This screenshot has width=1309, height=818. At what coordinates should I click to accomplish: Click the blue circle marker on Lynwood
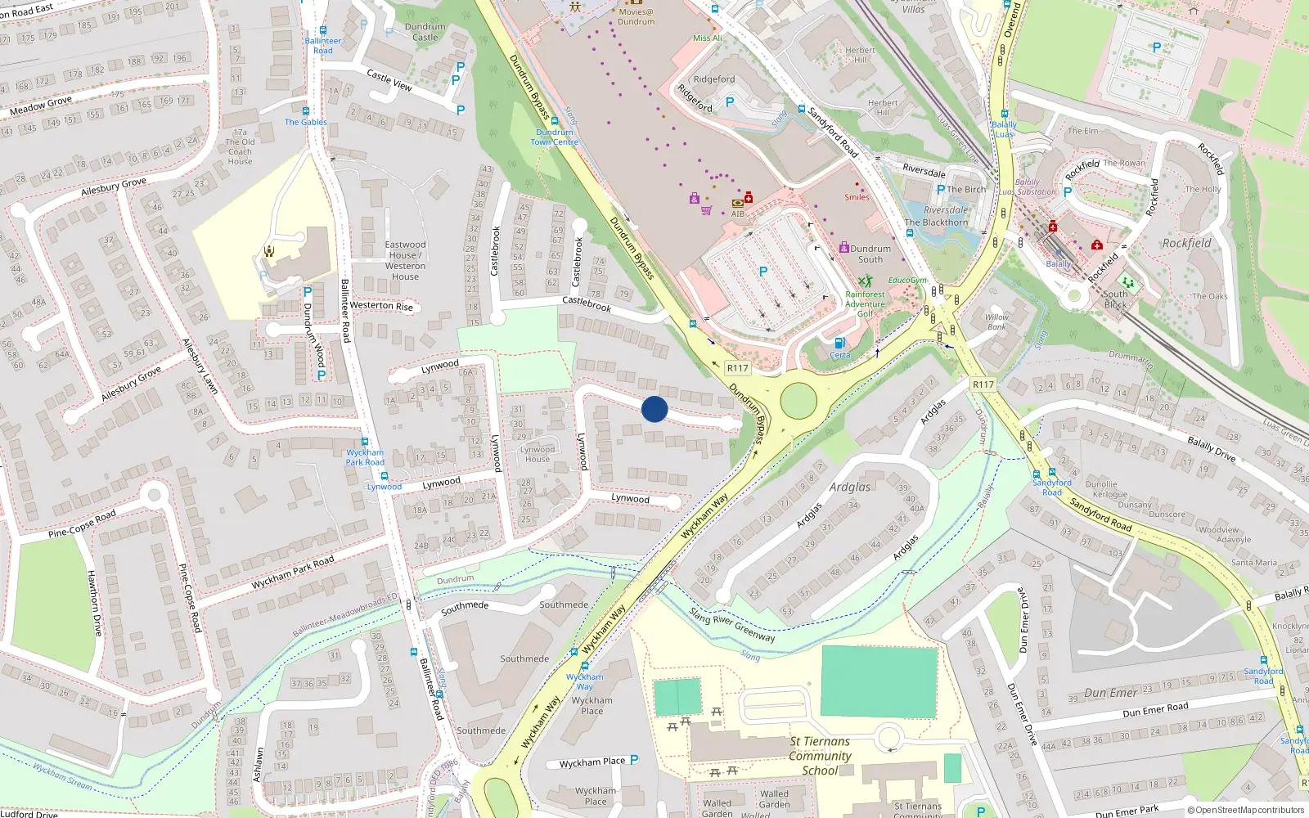[x=654, y=409]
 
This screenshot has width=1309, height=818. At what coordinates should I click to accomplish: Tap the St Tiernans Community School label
[x=820, y=756]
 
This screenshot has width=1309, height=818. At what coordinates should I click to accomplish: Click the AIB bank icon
[x=738, y=203]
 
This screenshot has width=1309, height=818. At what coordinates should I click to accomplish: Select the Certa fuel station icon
[x=839, y=344]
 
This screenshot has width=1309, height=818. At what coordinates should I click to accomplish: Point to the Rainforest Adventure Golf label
[x=865, y=303]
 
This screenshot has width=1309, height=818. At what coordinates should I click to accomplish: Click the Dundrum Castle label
[x=425, y=32]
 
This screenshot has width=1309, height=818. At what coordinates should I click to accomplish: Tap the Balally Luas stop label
[x=1004, y=129]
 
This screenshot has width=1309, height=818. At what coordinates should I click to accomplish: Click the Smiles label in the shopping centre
[x=857, y=197]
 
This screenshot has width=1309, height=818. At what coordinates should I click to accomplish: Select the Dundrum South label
[x=870, y=254]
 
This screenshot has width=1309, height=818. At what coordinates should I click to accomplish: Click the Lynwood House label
[x=538, y=454]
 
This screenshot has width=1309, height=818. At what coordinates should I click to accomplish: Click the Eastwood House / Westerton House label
[x=405, y=260]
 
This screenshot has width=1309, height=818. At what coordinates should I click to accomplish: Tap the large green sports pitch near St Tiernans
[x=879, y=682]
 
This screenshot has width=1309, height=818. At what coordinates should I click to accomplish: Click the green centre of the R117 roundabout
[x=798, y=401]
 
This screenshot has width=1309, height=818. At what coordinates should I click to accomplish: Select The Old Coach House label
[x=240, y=147]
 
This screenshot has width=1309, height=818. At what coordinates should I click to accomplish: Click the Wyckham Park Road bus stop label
[x=365, y=457]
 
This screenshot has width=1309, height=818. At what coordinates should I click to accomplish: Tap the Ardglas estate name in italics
[x=850, y=487]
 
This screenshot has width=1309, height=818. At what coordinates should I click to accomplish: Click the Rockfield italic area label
[x=1186, y=243]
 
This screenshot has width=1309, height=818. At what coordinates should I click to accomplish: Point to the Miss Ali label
[x=708, y=38]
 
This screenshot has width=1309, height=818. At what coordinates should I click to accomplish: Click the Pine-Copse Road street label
[x=82, y=524]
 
